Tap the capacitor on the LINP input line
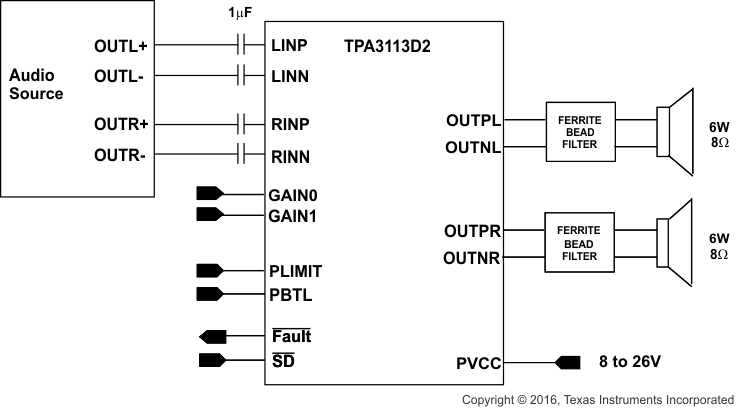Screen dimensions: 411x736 point(240,45)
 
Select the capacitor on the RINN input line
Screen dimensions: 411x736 point(240,155)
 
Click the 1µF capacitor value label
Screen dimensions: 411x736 point(240,14)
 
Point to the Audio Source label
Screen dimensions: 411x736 point(36,85)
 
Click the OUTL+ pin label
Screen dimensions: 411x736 point(121,46)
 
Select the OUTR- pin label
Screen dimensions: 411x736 point(121,155)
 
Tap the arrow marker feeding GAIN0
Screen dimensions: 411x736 point(211,193)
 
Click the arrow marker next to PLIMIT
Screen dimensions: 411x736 point(211,270)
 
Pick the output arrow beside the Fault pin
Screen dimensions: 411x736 point(213,336)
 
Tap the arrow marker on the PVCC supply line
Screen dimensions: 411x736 point(567,362)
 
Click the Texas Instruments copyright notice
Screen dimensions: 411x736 point(597,399)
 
